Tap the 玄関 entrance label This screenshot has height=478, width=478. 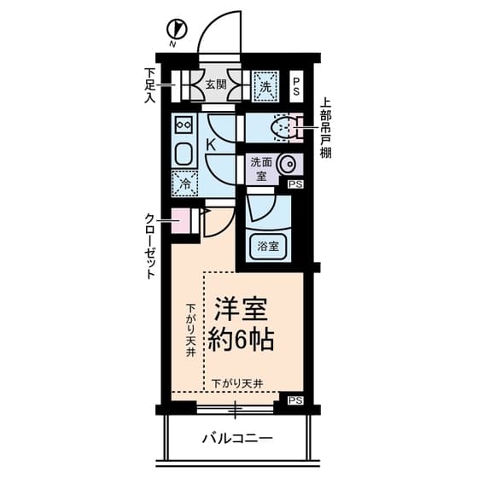coord(215,85)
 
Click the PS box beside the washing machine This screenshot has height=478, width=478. coord(296,86)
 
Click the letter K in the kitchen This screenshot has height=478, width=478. coord(211,145)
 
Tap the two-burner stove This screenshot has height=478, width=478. coord(184,125)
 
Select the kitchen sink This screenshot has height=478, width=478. coord(184,154)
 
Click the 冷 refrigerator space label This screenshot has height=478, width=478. coord(184,181)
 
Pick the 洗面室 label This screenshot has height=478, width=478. coord(261,166)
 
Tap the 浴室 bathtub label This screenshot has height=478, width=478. coord(267,247)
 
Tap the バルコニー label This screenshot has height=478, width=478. coord(237,440)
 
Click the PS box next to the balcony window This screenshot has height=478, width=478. coord(295,400)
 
